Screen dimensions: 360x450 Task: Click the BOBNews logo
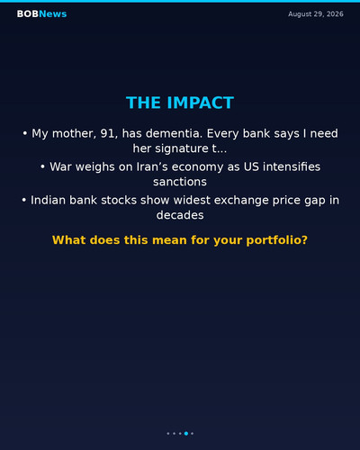point(41,13)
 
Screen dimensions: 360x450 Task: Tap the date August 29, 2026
point(316,14)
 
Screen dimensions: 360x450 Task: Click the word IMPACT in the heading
point(201,103)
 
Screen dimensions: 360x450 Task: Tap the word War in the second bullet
point(60,166)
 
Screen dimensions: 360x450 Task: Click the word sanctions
point(180,182)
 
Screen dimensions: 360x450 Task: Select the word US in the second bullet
point(251,166)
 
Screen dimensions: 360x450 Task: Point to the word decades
point(180,215)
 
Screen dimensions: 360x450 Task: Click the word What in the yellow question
point(69,240)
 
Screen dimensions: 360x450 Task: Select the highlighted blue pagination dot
point(186,433)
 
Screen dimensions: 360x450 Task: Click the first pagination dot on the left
point(168,433)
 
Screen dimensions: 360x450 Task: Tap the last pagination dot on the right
point(192,433)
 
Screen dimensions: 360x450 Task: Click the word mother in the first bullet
point(74,133)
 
